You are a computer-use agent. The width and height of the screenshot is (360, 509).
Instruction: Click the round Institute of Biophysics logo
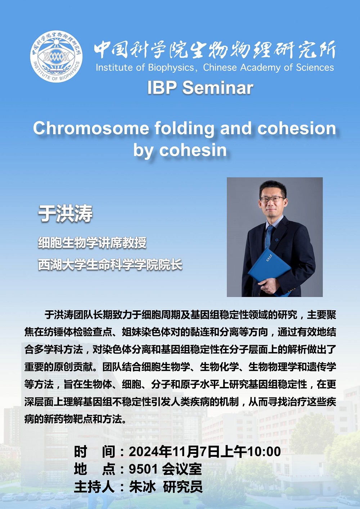(x=57, y=57)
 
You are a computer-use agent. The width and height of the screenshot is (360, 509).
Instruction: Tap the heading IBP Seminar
(x=200, y=88)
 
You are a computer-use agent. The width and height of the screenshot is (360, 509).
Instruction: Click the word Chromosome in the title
(x=91, y=129)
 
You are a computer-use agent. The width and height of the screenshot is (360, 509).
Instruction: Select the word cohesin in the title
(x=193, y=150)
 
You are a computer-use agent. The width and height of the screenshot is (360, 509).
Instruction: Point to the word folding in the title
(x=184, y=129)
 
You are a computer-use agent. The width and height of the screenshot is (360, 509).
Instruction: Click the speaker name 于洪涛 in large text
(x=65, y=213)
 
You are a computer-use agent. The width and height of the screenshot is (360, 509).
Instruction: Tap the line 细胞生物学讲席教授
(x=92, y=243)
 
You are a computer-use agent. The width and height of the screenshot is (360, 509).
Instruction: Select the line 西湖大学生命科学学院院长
(x=110, y=265)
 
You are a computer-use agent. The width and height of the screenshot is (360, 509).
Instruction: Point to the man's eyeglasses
(x=273, y=199)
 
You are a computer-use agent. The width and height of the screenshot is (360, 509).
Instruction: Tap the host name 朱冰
(x=142, y=492)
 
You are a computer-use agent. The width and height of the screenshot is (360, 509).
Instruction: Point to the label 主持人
(x=94, y=492)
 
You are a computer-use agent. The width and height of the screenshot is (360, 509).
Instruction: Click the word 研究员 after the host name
(x=183, y=492)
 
